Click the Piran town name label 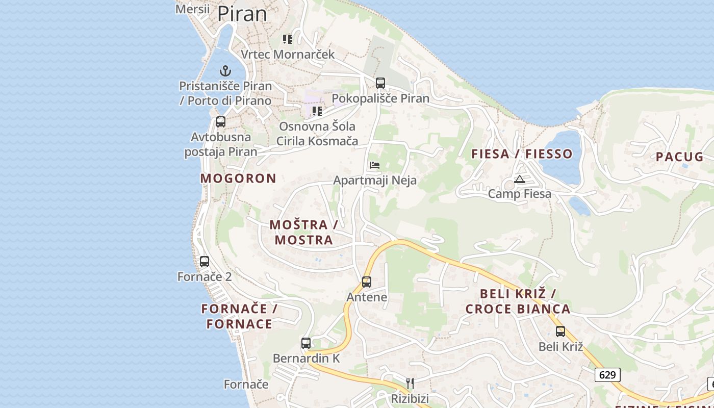click(242, 14)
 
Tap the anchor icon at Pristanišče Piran click(225, 71)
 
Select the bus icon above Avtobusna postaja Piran click(221, 122)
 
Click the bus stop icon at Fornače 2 click(205, 262)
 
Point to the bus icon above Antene click(367, 282)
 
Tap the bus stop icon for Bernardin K click(306, 343)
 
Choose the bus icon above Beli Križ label click(560, 331)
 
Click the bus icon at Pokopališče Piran click(380, 83)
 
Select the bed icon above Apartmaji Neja click(375, 165)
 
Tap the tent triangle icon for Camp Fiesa click(519, 179)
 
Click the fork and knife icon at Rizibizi click(410, 383)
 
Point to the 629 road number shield click(607, 375)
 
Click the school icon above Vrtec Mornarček click(288, 39)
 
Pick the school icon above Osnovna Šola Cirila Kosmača click(317, 111)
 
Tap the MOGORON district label click(238, 178)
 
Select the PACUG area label click(679, 157)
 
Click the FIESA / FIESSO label click(522, 154)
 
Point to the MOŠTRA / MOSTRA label click(304, 232)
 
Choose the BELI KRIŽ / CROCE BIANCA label click(518, 301)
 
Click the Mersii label click(192, 9)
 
